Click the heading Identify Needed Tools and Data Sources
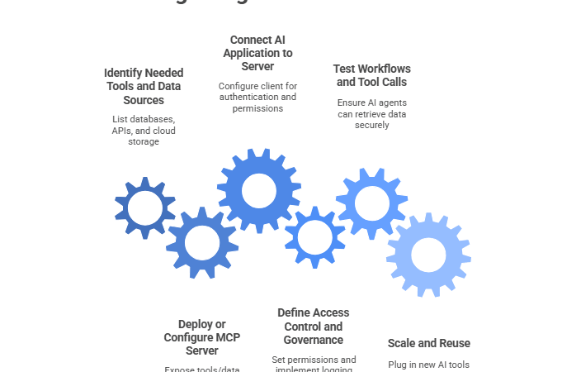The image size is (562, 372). point(144,86)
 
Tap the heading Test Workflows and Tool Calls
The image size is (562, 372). point(371,75)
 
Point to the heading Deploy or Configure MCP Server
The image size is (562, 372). point(202,337)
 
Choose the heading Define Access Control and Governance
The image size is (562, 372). point(313,326)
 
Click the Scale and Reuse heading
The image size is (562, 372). point(428,343)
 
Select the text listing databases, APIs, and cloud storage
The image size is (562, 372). point(144,130)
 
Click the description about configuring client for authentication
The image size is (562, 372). point(257,97)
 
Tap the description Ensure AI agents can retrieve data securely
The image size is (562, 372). point(371,113)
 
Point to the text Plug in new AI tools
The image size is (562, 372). point(428,365)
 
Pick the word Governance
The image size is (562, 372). point(313,340)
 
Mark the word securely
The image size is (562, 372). point(371,125)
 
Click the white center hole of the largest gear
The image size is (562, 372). point(259,190)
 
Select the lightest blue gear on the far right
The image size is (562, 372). point(428,255)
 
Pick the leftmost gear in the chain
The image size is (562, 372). point(145,208)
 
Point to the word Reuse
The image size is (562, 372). point(454,343)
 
